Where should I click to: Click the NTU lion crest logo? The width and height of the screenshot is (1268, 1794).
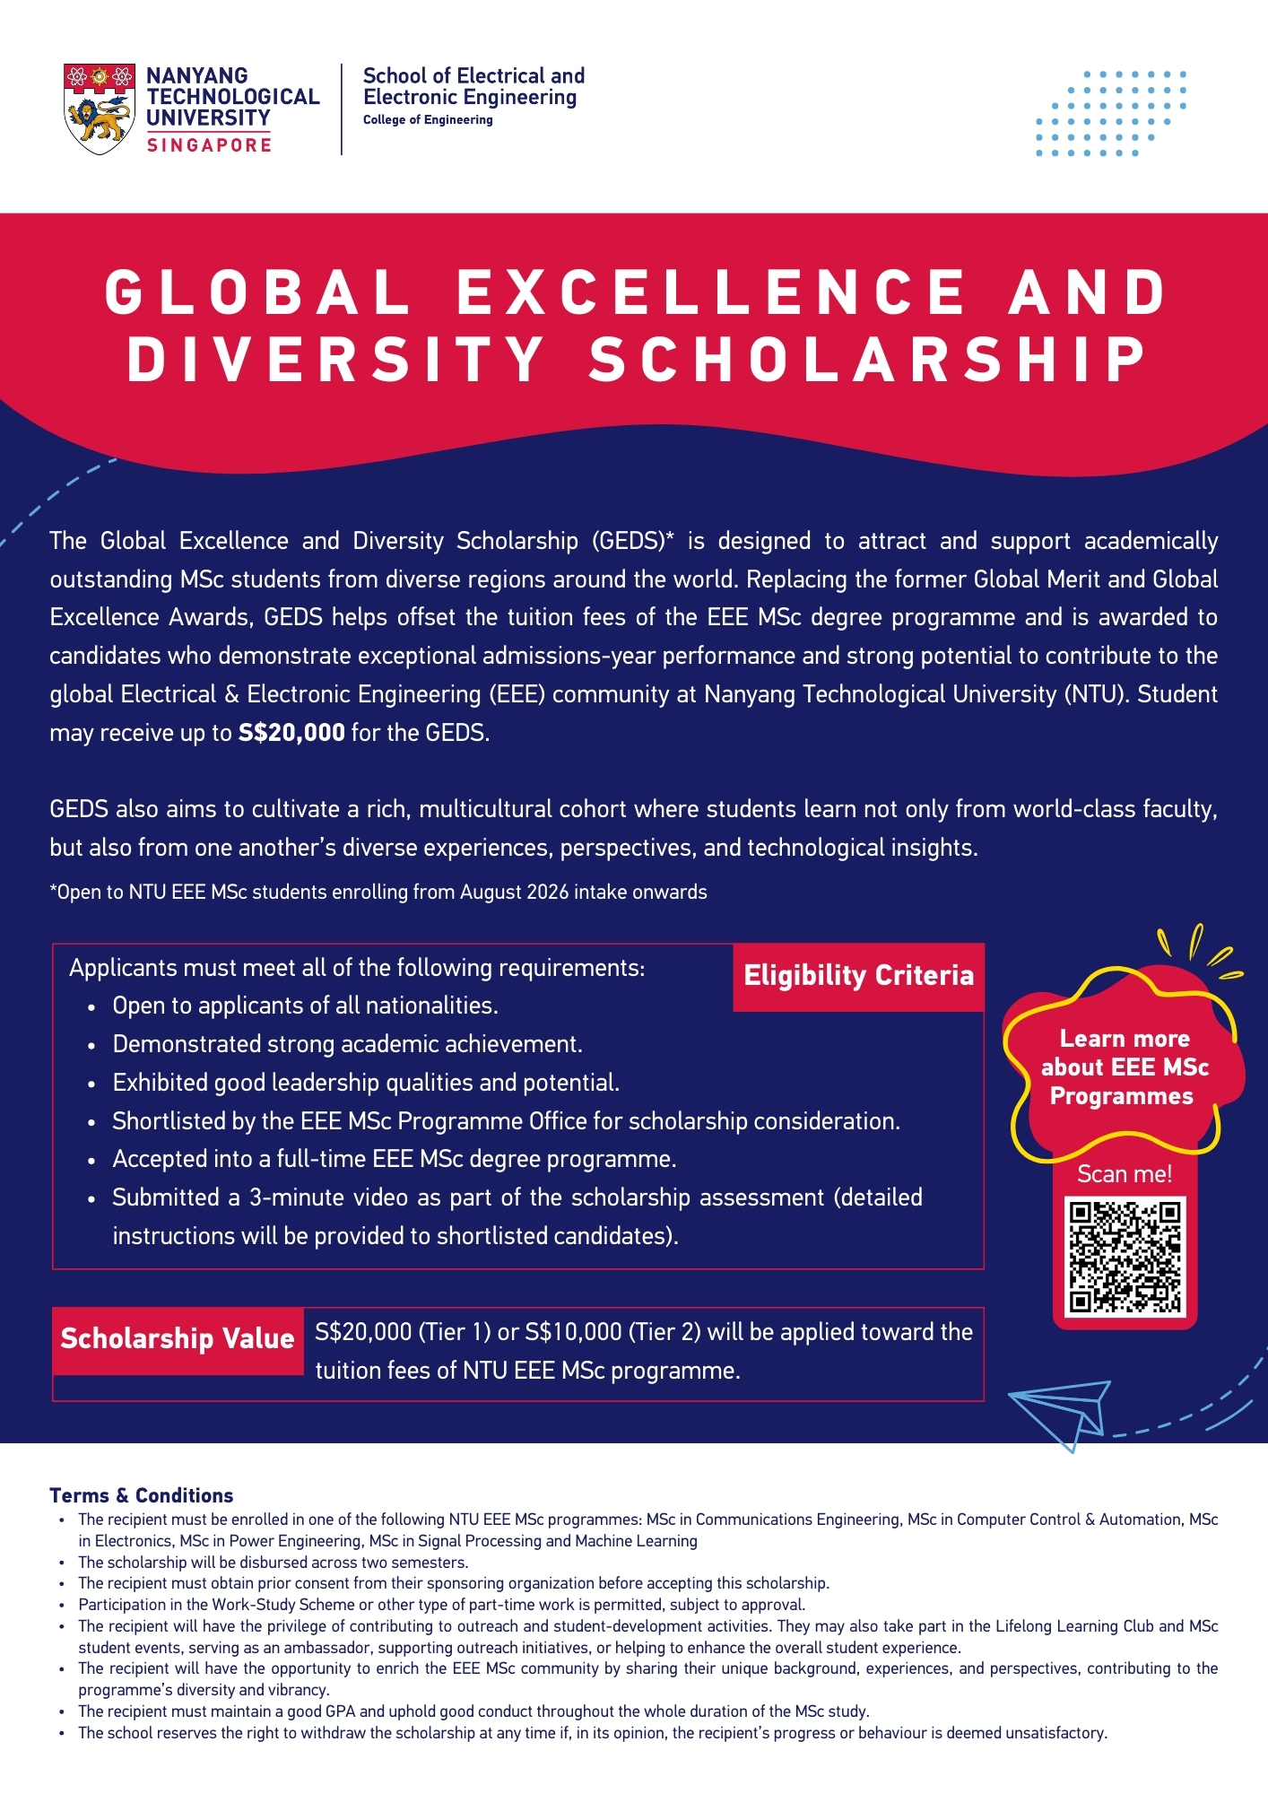click(100, 109)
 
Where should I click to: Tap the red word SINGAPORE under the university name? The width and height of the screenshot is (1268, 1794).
click(209, 145)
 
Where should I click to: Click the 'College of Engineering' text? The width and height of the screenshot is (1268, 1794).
click(428, 120)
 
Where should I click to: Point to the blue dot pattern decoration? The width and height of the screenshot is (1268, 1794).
click(1110, 113)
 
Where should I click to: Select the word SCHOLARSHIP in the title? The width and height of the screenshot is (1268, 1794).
click(868, 360)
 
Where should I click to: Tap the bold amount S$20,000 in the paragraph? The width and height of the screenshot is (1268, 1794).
click(291, 733)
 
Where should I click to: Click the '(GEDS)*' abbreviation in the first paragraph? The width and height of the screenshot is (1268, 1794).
click(632, 541)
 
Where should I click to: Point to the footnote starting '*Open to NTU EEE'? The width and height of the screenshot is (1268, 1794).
click(378, 893)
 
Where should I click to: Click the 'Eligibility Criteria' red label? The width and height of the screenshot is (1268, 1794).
click(858, 976)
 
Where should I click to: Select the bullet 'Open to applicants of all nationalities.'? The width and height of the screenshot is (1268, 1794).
click(305, 1006)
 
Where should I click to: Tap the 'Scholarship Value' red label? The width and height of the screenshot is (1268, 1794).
click(178, 1339)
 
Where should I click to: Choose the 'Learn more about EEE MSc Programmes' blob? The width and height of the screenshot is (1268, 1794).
click(1125, 1067)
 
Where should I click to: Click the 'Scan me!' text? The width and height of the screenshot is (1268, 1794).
click(1125, 1174)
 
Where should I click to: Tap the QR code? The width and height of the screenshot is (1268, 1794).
click(1125, 1256)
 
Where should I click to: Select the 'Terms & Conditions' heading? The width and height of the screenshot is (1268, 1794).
click(142, 1495)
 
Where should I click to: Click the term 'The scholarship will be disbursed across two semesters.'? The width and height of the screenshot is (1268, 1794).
click(273, 1563)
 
